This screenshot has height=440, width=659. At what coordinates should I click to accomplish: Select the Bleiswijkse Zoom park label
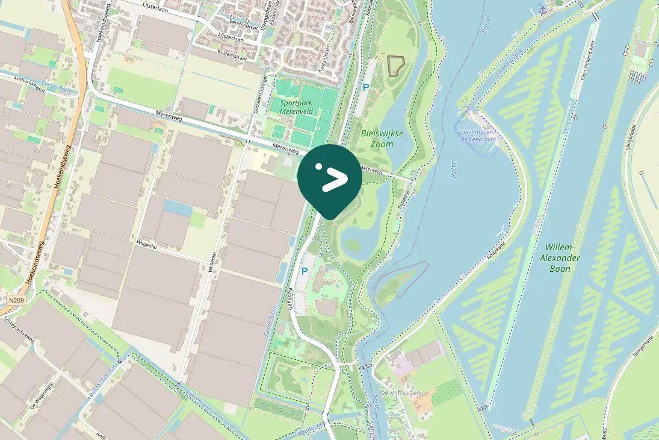(378, 139)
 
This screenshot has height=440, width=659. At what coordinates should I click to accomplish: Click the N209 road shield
(16, 299)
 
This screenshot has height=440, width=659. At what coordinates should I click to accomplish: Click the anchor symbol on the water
(542, 10)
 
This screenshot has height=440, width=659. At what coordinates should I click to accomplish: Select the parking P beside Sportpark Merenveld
(365, 88)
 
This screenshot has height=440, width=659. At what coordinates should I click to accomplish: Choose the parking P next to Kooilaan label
(305, 271)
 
